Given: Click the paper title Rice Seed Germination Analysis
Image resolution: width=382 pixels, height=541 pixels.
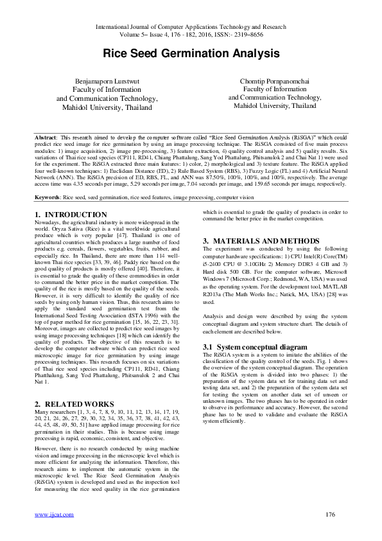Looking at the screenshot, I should [191, 55].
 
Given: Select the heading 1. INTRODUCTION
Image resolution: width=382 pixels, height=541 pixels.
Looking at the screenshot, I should [71, 197].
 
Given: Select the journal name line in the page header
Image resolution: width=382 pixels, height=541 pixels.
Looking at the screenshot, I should [191, 28].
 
